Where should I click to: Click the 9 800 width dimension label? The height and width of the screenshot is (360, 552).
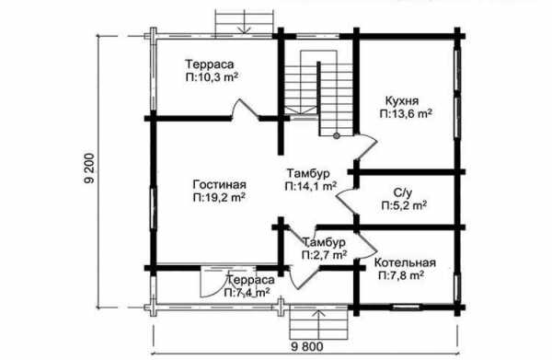pyautogui.click(x=307, y=346)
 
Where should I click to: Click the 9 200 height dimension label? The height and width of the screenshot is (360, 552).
pyautogui.click(x=89, y=168)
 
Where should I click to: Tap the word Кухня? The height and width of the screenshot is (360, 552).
pyautogui.click(x=402, y=100)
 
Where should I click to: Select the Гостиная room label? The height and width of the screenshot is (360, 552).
pyautogui.click(x=219, y=184)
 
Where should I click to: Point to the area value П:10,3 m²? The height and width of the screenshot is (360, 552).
pyautogui.click(x=212, y=77)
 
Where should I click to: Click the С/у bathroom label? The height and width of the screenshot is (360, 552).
pyautogui.click(x=403, y=192)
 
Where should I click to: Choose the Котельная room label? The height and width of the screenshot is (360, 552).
pyautogui.click(x=405, y=262)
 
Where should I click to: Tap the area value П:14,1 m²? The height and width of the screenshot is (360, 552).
pyautogui.click(x=311, y=186)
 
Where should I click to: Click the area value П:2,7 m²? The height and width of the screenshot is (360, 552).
pyautogui.click(x=324, y=255)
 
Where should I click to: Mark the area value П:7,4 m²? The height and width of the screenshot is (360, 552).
pyautogui.click(x=247, y=293)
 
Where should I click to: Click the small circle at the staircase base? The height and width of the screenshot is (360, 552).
pyautogui.click(x=337, y=135)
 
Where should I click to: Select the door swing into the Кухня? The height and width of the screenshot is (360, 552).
pyautogui.click(x=367, y=147)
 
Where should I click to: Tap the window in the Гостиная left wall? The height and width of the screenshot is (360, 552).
pyautogui.click(x=154, y=208)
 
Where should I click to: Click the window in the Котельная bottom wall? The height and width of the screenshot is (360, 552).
pyautogui.click(x=407, y=308)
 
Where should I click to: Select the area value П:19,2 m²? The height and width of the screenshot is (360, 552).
pyautogui.click(x=219, y=198)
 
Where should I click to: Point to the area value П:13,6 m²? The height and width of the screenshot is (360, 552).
pyautogui.click(x=406, y=114)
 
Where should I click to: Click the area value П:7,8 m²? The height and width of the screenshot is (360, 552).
pyautogui.click(x=401, y=275)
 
